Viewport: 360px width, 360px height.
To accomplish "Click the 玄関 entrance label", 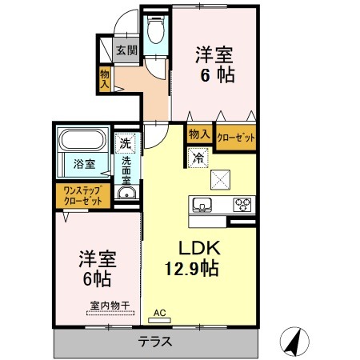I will (x=126, y=50).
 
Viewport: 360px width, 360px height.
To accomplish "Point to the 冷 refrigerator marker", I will (x=197, y=158).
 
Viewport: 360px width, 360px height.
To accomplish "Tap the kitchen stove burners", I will (x=242, y=204).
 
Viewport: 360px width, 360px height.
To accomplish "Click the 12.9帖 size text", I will (x=194, y=269).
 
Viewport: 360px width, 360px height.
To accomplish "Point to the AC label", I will (x=159, y=312).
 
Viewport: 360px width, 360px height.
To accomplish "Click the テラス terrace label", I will (x=155, y=341).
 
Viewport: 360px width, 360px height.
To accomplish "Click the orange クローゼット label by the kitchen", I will (x=236, y=138).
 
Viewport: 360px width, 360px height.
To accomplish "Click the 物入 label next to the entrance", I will (x=105, y=78).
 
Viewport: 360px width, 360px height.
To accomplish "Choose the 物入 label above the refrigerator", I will (x=199, y=135).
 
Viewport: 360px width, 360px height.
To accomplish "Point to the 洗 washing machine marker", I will (x=124, y=145).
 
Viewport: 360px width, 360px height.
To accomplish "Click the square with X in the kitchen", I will (x=220, y=178).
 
